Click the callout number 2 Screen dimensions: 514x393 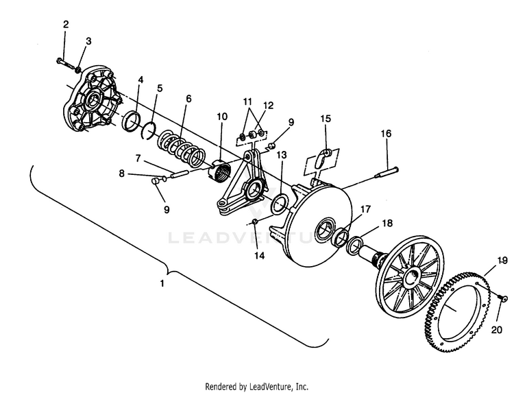66,24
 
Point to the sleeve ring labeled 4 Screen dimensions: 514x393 132,121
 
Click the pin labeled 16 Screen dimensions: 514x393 387,173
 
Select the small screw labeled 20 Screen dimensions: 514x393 502,298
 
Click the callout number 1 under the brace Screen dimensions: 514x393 162,283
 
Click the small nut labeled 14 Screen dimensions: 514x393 255,222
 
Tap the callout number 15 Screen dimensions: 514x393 326,119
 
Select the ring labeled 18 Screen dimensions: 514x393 355,246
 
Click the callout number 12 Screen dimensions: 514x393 268,106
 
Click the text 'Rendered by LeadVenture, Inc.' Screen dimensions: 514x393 257,386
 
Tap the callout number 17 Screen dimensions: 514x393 365,209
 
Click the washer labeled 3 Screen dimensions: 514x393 78,70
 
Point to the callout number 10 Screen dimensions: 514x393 222,117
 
